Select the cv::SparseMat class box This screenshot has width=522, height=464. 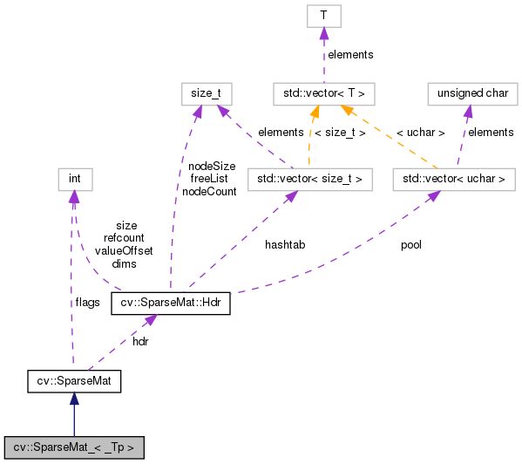click(73, 381)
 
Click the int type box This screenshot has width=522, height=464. click(74, 180)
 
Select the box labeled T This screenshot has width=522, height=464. click(322, 15)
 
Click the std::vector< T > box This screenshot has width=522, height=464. click(322, 91)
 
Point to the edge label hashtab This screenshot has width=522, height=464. click(285, 245)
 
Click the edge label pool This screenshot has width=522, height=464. click(410, 245)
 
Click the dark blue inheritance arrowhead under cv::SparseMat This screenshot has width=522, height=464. click(74, 399)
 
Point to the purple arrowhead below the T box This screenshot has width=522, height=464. click(322, 33)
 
